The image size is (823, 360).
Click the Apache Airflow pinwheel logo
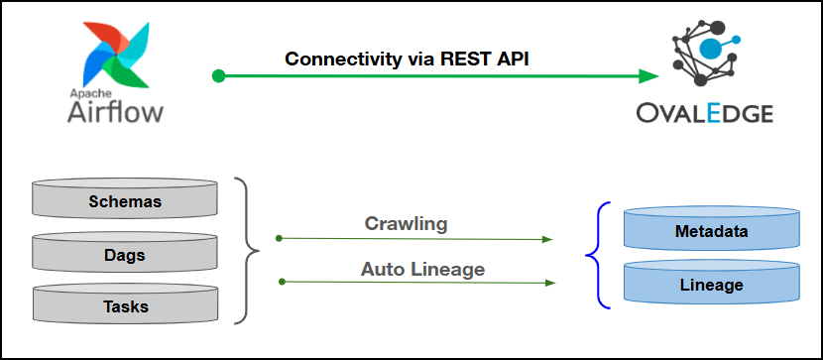click(x=116, y=55)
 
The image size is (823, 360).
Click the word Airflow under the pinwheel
click(x=115, y=112)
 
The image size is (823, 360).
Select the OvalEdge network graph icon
click(x=706, y=53)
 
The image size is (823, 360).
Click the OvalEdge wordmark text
click(x=705, y=113)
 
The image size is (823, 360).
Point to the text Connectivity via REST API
click(x=407, y=59)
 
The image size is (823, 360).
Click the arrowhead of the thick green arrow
click(x=649, y=76)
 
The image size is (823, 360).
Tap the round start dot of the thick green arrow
click(x=218, y=76)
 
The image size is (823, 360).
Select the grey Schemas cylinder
click(x=125, y=197)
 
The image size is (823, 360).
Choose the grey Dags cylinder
click(x=125, y=251)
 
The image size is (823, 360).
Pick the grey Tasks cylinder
click(x=125, y=302)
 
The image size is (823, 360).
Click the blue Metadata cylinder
click(x=711, y=228)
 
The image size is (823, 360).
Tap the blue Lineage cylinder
click(x=711, y=282)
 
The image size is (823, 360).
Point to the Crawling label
click(x=406, y=224)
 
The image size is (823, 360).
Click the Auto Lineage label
click(x=422, y=270)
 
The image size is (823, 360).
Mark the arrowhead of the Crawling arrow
click(x=548, y=239)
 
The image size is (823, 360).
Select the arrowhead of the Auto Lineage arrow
click(x=550, y=283)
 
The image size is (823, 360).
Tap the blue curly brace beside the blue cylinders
click(x=598, y=255)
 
